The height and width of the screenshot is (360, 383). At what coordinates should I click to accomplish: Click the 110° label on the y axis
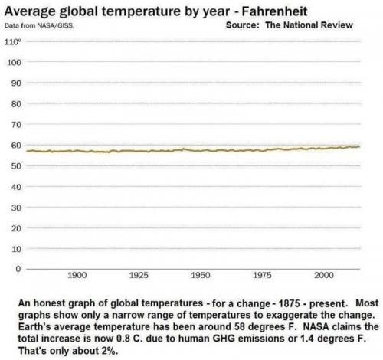click(x=14, y=41)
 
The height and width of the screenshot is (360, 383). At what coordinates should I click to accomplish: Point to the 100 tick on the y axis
click(x=13, y=61)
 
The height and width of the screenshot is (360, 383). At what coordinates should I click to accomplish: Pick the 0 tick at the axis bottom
click(x=15, y=269)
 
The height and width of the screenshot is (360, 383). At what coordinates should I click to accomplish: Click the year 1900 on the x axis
click(x=77, y=274)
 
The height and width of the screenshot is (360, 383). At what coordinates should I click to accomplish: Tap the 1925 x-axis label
click(x=139, y=274)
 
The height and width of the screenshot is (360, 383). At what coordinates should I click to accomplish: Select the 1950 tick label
click(x=200, y=274)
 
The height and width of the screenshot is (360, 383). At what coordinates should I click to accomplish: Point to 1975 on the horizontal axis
click(x=262, y=274)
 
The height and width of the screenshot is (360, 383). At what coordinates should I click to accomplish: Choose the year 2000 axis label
click(x=324, y=274)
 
